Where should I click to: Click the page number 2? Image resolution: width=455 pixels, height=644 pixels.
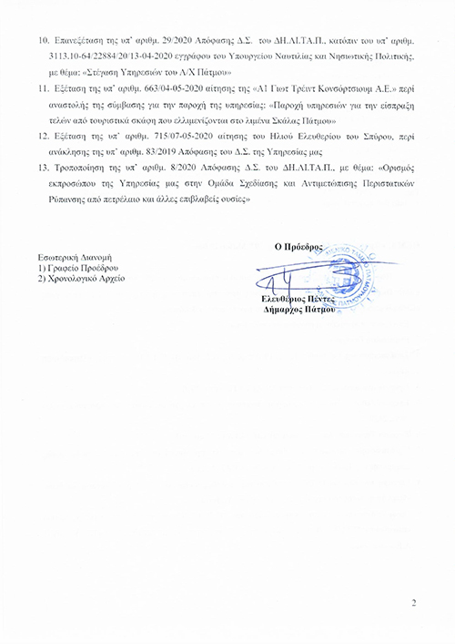[x=413, y=603]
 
